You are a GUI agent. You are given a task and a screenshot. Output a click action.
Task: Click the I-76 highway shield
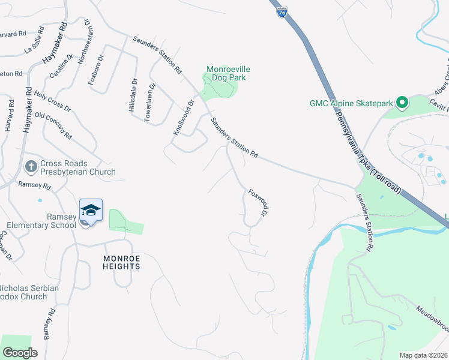pyautogui.click(x=282, y=11)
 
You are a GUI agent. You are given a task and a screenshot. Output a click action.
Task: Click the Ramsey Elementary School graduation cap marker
pyautogui.click(x=91, y=210)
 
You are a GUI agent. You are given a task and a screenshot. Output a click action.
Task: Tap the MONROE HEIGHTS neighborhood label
pyautogui.click(x=121, y=262)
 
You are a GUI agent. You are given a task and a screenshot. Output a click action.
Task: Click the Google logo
pyautogui.click(x=20, y=352)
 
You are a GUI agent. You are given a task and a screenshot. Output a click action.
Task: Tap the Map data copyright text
pyautogui.click(x=424, y=355)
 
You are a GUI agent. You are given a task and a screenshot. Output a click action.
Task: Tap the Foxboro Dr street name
pyautogui.click(x=96, y=70)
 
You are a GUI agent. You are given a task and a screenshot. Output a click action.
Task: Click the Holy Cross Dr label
pyautogui.click(x=53, y=101)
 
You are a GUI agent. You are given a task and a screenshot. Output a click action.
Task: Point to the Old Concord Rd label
pyautogui.click(x=53, y=124)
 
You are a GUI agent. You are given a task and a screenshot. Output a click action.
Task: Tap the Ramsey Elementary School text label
pyautogui.click(x=41, y=221)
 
